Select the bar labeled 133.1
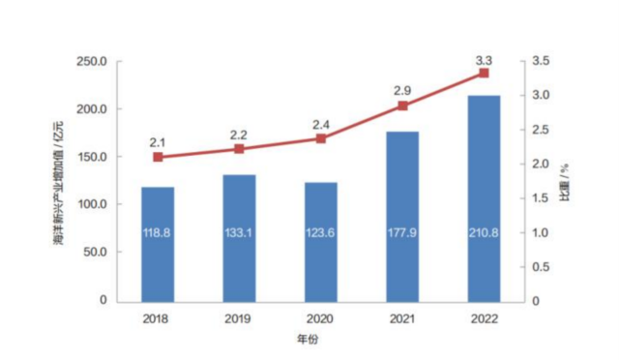(x=239, y=238)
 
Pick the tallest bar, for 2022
(x=484, y=198)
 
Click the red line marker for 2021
(x=402, y=105)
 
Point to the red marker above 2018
(x=158, y=157)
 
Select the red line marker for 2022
(x=484, y=74)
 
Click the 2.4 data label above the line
(x=321, y=123)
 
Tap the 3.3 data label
(x=484, y=59)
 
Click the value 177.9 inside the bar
(x=402, y=233)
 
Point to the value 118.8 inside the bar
(x=158, y=233)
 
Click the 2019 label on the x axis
(x=239, y=317)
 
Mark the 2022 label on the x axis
(x=484, y=317)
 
